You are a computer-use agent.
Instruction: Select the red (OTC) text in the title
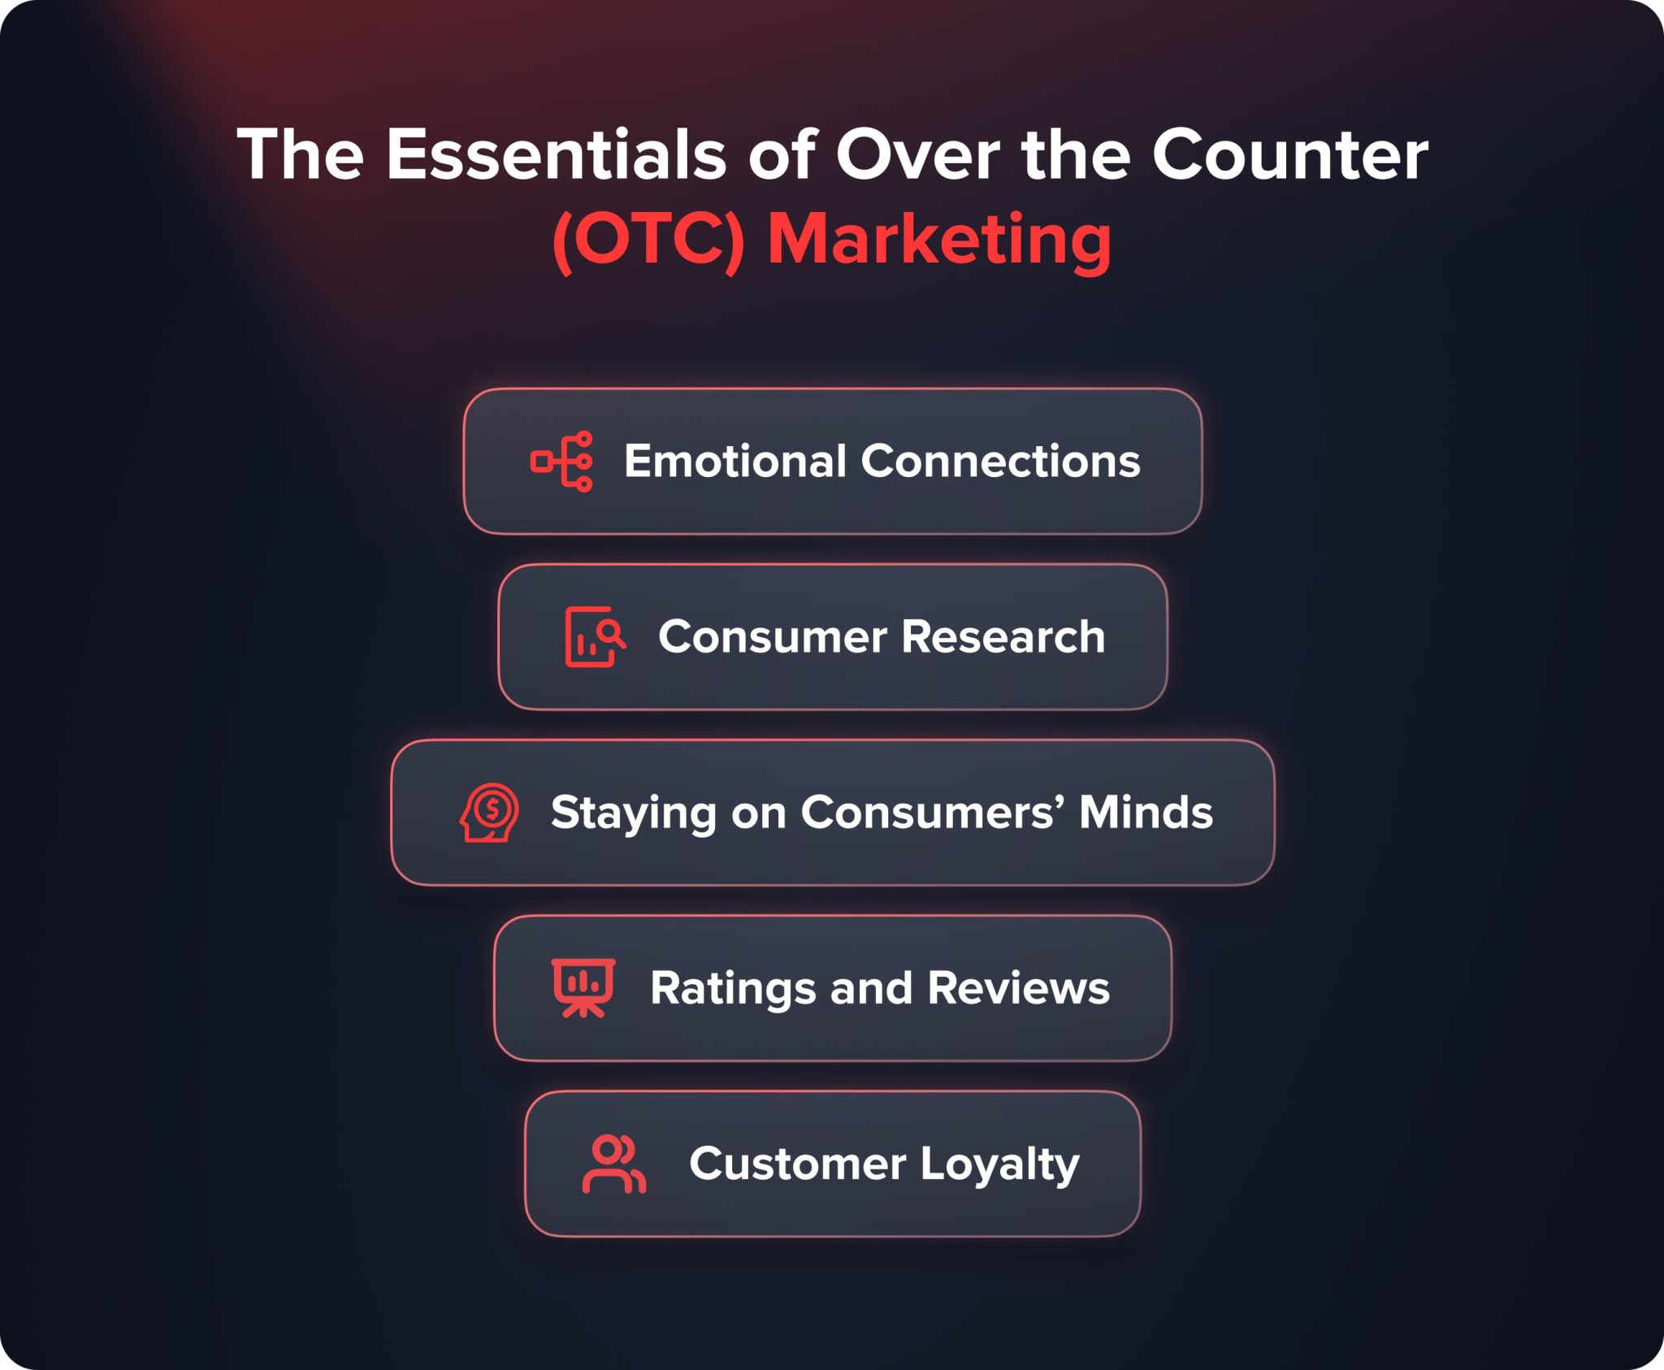tap(648, 241)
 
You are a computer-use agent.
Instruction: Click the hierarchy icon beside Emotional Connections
tap(561, 462)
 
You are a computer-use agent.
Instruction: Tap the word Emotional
tap(735, 462)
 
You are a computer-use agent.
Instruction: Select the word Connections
tap(1000, 462)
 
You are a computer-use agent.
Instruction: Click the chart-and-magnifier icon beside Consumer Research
tap(595, 637)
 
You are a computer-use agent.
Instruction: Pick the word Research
tap(1003, 637)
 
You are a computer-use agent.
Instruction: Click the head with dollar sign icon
tap(489, 813)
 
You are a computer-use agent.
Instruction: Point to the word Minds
tap(1146, 813)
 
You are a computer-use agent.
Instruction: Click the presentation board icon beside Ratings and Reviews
tap(583, 988)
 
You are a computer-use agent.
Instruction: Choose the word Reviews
tap(1018, 988)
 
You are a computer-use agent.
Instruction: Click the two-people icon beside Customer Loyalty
tap(614, 1164)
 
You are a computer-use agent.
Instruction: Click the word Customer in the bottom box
tap(797, 1164)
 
